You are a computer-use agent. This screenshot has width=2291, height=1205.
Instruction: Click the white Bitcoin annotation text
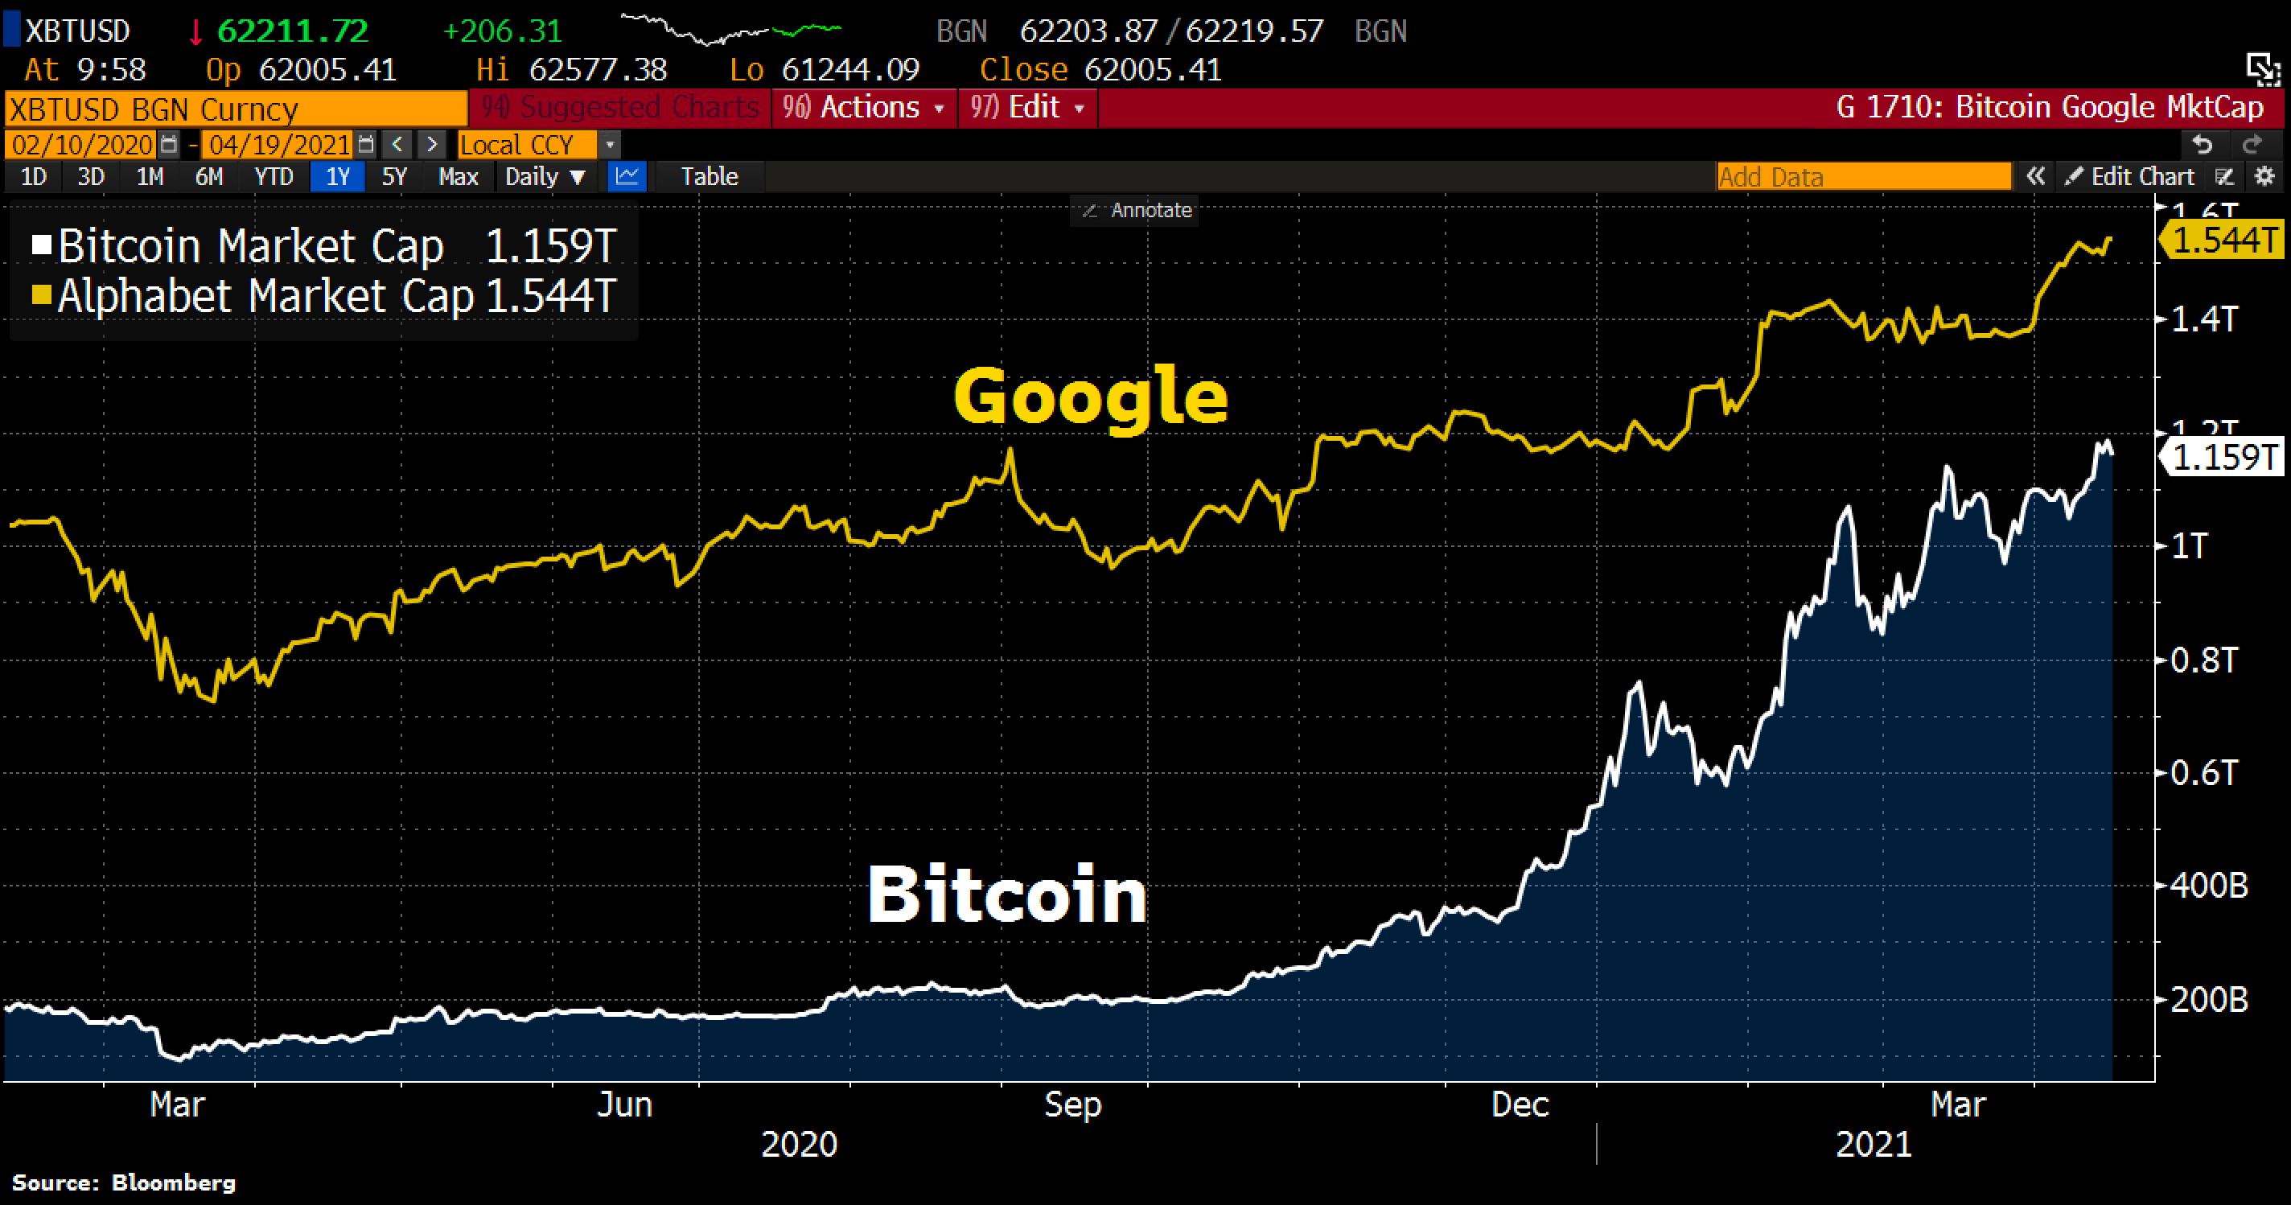coord(1007,894)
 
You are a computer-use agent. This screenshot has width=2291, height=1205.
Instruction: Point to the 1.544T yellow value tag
coord(2223,240)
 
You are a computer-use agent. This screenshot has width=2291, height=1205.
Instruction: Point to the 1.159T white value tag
coord(2223,457)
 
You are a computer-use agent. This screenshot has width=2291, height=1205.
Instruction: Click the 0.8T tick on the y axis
coord(2203,660)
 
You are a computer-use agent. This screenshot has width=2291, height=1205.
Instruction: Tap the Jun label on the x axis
coord(624,1104)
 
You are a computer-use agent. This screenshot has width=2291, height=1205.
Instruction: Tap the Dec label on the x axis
coord(1520,1104)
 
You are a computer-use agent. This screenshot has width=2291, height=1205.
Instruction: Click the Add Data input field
coord(1862,176)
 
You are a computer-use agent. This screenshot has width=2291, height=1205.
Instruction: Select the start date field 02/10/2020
coord(83,144)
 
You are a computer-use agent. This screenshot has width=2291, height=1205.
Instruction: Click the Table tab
coord(709,176)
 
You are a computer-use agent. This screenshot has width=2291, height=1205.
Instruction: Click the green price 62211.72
coord(293,31)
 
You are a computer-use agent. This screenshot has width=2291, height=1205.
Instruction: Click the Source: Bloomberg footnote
coord(124,1182)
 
